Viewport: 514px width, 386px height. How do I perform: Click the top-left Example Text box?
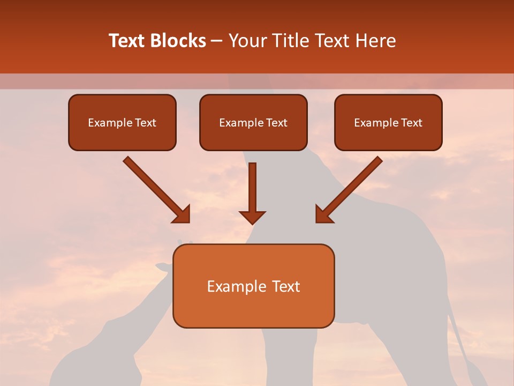tap(122, 123)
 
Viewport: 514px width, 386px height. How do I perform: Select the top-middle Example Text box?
tap(253, 123)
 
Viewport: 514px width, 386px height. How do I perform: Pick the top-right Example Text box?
tap(388, 123)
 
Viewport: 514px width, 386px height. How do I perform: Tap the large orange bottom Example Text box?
tap(253, 286)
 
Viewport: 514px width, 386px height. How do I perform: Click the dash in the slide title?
tap(217, 41)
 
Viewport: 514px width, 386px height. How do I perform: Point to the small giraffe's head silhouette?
tap(165, 266)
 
